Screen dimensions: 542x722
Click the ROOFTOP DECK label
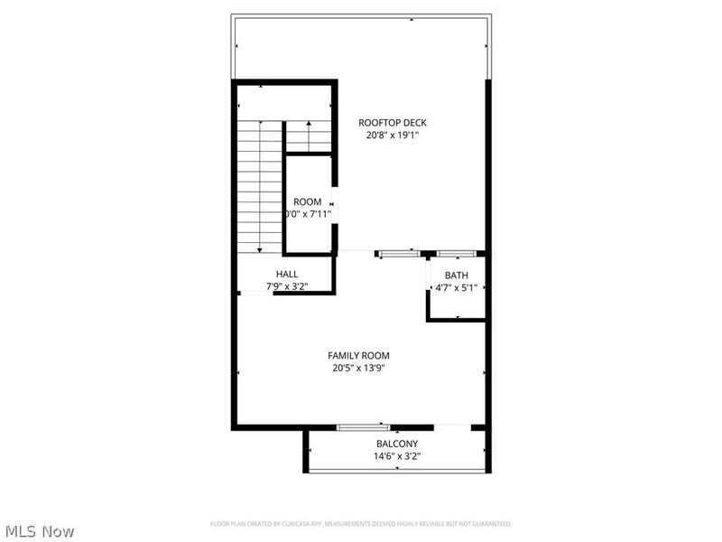[392, 122]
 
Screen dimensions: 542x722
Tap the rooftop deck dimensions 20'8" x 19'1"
[392, 135]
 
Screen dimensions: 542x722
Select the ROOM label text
[307, 201]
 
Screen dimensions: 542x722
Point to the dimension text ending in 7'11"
[308, 214]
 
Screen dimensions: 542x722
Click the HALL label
[287, 274]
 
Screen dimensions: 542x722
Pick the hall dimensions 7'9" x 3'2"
[287, 286]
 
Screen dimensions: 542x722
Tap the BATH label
[456, 276]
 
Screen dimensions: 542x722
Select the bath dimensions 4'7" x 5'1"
[456, 288]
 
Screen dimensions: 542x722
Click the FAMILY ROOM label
[358, 356]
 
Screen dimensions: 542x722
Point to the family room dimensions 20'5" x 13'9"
[358, 369]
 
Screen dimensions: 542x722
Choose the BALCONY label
[397, 444]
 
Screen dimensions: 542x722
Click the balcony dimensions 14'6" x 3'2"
[397, 456]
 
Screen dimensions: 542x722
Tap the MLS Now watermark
[39, 531]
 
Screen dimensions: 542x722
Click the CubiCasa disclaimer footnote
[361, 524]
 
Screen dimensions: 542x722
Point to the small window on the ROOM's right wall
[333, 201]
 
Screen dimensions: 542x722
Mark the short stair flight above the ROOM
[310, 135]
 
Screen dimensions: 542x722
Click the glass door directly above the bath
[458, 254]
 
